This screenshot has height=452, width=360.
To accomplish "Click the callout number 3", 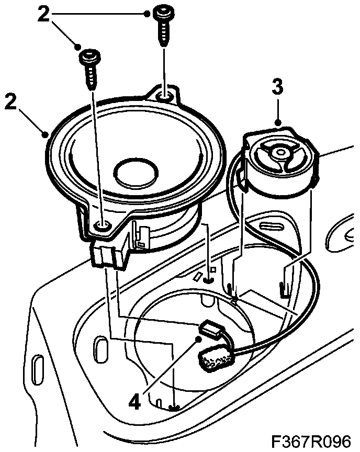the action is (x=277, y=86).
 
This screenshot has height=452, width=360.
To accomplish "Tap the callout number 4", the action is (x=134, y=401).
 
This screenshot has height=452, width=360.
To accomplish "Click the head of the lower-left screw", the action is (x=89, y=56).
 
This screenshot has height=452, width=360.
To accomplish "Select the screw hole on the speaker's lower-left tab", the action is (x=103, y=225).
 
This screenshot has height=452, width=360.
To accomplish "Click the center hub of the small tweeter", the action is (x=279, y=152).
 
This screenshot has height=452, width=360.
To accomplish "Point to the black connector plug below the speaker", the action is (x=109, y=254).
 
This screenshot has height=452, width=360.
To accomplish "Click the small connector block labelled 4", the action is (x=212, y=330).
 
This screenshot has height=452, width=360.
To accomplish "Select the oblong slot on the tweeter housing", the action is (x=273, y=226).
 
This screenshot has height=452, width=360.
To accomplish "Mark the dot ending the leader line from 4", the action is (x=198, y=340).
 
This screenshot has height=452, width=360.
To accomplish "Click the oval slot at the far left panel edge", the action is (x=37, y=370).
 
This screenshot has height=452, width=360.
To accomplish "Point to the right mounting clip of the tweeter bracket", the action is (x=284, y=289).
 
